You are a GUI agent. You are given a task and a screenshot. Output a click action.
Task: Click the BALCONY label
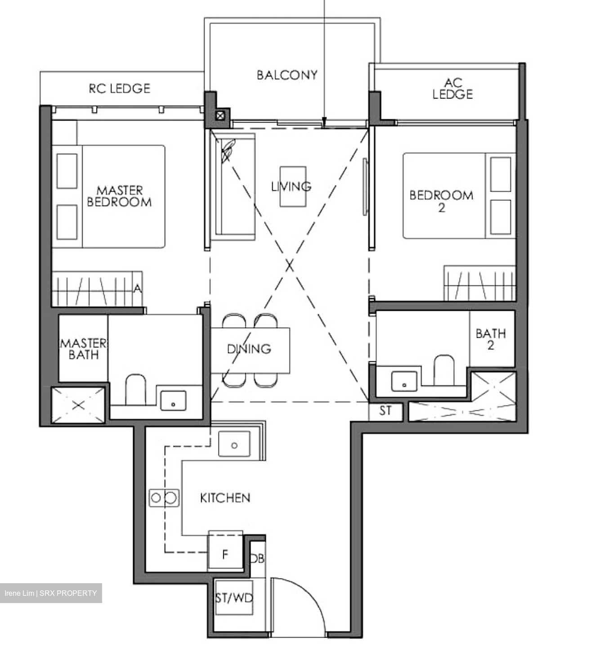point(287,75)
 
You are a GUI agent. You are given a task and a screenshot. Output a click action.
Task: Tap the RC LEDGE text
point(120,89)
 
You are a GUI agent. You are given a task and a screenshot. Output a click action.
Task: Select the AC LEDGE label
point(452,88)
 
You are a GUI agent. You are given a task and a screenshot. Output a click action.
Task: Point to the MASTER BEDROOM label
point(119,196)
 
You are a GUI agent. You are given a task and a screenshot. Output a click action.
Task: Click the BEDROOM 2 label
point(441,201)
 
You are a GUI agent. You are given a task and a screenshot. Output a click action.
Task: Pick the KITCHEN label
point(225,498)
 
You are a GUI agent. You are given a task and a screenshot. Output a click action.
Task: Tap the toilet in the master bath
point(135,389)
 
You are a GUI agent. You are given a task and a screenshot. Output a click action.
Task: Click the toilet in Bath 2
point(444,370)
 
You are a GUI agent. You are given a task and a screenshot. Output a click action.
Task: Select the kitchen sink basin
point(234,444)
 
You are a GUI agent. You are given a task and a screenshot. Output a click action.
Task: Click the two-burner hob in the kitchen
point(164,498)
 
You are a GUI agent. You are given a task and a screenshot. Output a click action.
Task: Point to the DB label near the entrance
point(257,558)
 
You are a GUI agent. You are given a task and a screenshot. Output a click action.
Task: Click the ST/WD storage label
point(234,598)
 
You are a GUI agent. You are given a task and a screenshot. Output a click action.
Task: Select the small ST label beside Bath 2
point(385,410)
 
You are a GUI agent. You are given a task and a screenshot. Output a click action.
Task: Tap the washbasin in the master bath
point(173,400)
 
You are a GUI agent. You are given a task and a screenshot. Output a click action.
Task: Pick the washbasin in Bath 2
point(404,381)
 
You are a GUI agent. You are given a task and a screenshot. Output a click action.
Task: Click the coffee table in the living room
point(293,186)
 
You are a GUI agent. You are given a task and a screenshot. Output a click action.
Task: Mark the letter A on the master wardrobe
point(138,288)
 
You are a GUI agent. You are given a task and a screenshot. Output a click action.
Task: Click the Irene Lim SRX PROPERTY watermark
point(51,593)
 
